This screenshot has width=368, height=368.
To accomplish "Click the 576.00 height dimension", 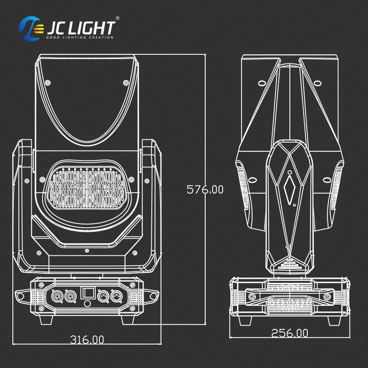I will point(205,189).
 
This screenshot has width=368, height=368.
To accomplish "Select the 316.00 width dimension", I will point(86,339).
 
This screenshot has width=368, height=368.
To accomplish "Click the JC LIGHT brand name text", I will point(80,27).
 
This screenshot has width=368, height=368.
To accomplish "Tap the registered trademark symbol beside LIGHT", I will point(117,18).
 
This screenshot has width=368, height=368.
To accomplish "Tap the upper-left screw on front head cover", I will point(47,82).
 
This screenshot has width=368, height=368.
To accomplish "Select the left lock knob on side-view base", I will point(252,298).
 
